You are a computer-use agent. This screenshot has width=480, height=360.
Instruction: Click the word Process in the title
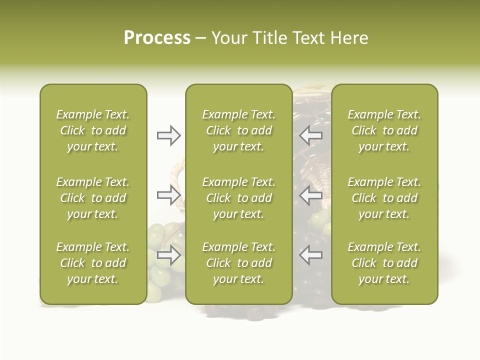coord(157,38)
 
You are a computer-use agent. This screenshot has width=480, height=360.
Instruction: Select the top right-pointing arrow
coord(168,135)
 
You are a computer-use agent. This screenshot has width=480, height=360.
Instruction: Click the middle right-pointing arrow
coord(168,195)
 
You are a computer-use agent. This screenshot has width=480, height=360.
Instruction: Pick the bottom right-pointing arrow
coord(168,255)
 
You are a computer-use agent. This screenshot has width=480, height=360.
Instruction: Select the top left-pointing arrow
coord(310,135)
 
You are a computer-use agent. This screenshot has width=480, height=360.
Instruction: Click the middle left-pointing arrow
coord(310,195)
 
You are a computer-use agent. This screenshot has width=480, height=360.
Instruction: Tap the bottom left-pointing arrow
coord(310,255)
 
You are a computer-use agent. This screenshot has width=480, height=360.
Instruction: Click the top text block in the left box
coord(93,130)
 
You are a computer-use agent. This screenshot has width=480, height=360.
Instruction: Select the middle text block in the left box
coord(93,198)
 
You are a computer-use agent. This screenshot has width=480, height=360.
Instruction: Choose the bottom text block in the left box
coord(93,263)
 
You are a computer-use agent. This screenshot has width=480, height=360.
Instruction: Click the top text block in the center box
coord(238,130)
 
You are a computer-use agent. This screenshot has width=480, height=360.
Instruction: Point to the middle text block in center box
coord(238,198)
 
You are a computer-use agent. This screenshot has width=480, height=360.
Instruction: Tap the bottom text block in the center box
coord(238,263)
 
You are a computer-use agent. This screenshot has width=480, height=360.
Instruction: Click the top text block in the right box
coord(384,130)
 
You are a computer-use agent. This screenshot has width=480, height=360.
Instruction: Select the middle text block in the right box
coord(384,198)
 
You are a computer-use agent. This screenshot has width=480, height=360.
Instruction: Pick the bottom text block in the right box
coord(384,263)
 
